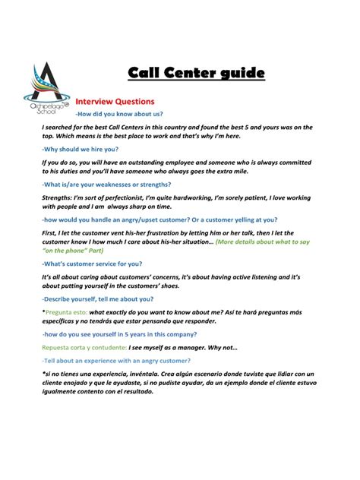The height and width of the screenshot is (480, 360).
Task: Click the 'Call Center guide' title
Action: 196,73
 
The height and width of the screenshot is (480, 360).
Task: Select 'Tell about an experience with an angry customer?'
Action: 122,362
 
